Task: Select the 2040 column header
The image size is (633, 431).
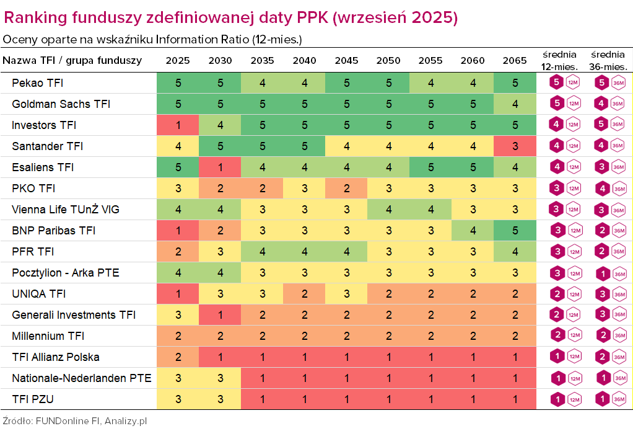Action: coord(303,61)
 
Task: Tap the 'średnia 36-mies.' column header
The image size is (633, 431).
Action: coord(609,61)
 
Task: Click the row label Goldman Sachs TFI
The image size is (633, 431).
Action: coord(61,104)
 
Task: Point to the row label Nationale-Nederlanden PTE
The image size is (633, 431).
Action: coord(82,378)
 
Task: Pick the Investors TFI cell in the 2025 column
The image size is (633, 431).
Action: coord(178,125)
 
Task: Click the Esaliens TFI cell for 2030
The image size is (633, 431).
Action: coord(220,167)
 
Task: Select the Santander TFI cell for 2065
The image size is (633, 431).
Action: coord(515,146)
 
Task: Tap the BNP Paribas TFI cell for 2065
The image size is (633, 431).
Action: coord(515,231)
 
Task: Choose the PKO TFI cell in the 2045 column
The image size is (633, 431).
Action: coord(346,189)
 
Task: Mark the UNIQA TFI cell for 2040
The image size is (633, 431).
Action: coord(304,294)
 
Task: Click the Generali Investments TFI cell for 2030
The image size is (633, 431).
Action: coord(220,315)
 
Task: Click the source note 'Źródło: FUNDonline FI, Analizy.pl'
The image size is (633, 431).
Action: coord(75,420)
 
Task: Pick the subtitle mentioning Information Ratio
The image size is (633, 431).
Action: coord(152,40)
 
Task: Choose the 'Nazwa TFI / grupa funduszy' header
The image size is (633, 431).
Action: coord(72,61)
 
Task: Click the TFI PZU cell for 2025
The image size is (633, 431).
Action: coord(178,399)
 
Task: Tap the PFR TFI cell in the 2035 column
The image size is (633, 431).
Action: coord(262,252)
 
